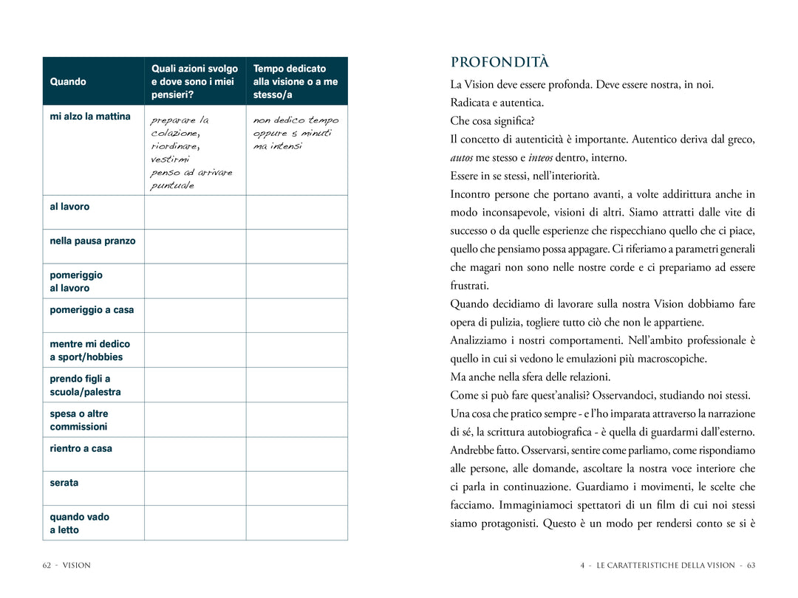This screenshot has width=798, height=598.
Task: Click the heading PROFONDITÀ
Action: pyautogui.click(x=499, y=62)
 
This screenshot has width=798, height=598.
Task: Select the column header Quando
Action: pyautogui.click(x=68, y=82)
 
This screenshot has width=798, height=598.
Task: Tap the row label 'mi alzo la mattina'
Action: pyautogui.click(x=90, y=117)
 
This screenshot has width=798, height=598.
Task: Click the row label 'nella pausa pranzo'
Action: pyautogui.click(x=92, y=241)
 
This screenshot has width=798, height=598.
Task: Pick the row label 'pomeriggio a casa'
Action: pyautogui.click(x=92, y=310)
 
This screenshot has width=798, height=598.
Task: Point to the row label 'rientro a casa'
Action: pyautogui.click(x=81, y=448)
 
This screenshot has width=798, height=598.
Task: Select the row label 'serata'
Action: pyautogui.click(x=64, y=483)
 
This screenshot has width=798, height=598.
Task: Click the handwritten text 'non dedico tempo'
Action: pyautogui.click(x=296, y=120)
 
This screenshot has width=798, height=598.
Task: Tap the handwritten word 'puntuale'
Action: pyautogui.click(x=172, y=186)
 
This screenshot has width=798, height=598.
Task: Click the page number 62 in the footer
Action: pyautogui.click(x=47, y=566)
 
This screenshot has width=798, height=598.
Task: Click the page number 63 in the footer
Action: pyautogui.click(x=751, y=566)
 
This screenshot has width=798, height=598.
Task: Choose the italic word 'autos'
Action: pyautogui.click(x=462, y=158)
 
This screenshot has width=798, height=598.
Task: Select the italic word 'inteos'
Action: pyautogui.click(x=540, y=158)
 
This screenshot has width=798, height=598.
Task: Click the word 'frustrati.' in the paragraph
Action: pyautogui.click(x=470, y=286)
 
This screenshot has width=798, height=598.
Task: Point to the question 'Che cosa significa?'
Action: pyautogui.click(x=492, y=121)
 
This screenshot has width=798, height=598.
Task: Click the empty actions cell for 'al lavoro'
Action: pyautogui.click(x=195, y=212)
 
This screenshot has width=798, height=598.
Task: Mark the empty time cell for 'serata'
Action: pyautogui.click(x=296, y=488)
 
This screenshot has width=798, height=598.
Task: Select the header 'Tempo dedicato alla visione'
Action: pyautogui.click(x=296, y=81)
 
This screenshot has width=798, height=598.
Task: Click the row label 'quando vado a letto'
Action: pyautogui.click(x=79, y=523)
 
